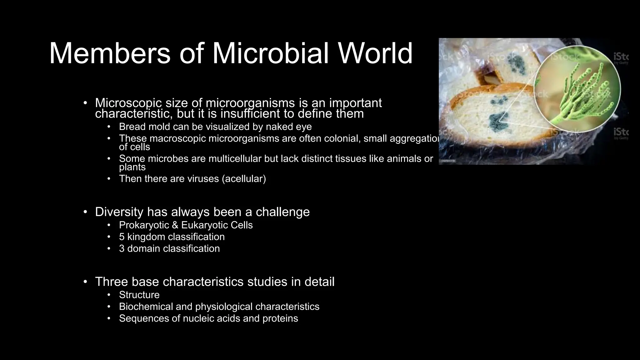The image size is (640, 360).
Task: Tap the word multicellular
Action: (x=235, y=159)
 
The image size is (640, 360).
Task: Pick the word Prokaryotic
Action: (x=144, y=225)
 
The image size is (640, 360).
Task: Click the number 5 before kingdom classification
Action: (x=122, y=237)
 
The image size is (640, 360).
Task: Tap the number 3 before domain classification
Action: (x=122, y=249)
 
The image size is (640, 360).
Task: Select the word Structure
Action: (x=139, y=295)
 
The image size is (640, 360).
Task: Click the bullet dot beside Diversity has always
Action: (x=85, y=212)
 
